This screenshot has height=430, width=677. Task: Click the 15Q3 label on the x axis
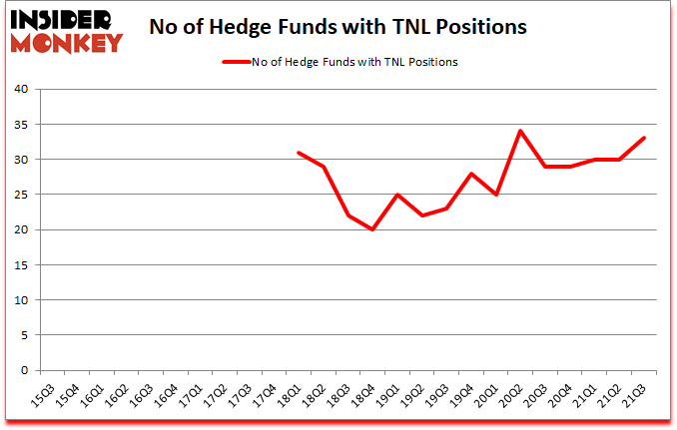click(x=43, y=394)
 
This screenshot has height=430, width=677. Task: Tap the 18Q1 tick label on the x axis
click(x=289, y=394)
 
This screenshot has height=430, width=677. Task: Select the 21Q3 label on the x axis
click(x=633, y=394)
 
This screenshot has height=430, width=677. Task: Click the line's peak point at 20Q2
click(x=520, y=131)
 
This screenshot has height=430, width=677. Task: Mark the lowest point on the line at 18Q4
click(x=372, y=229)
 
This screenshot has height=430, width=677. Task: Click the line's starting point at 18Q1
click(x=299, y=153)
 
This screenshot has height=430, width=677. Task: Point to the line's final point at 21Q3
click(x=643, y=138)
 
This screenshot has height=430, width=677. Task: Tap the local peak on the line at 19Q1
click(x=397, y=195)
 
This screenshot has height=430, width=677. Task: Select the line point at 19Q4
click(x=471, y=174)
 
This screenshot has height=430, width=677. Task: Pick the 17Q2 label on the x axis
click(x=215, y=394)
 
